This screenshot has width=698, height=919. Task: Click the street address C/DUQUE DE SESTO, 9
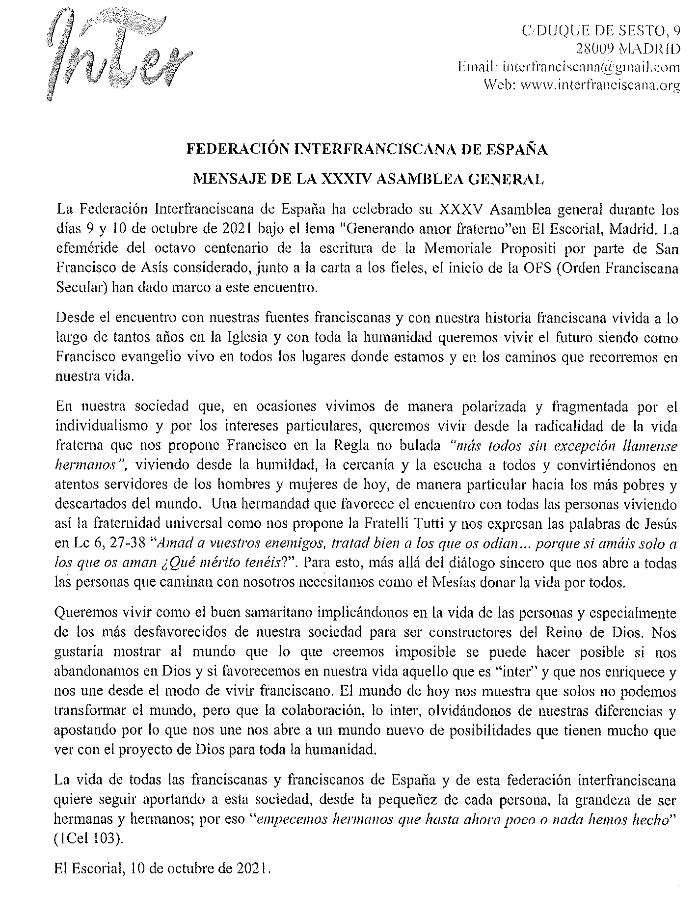point(601,31)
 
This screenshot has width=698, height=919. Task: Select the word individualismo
point(103,426)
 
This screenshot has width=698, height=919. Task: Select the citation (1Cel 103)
point(88,838)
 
